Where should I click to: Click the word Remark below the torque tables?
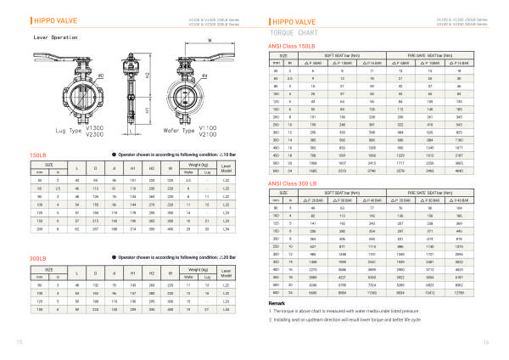(277, 302)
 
